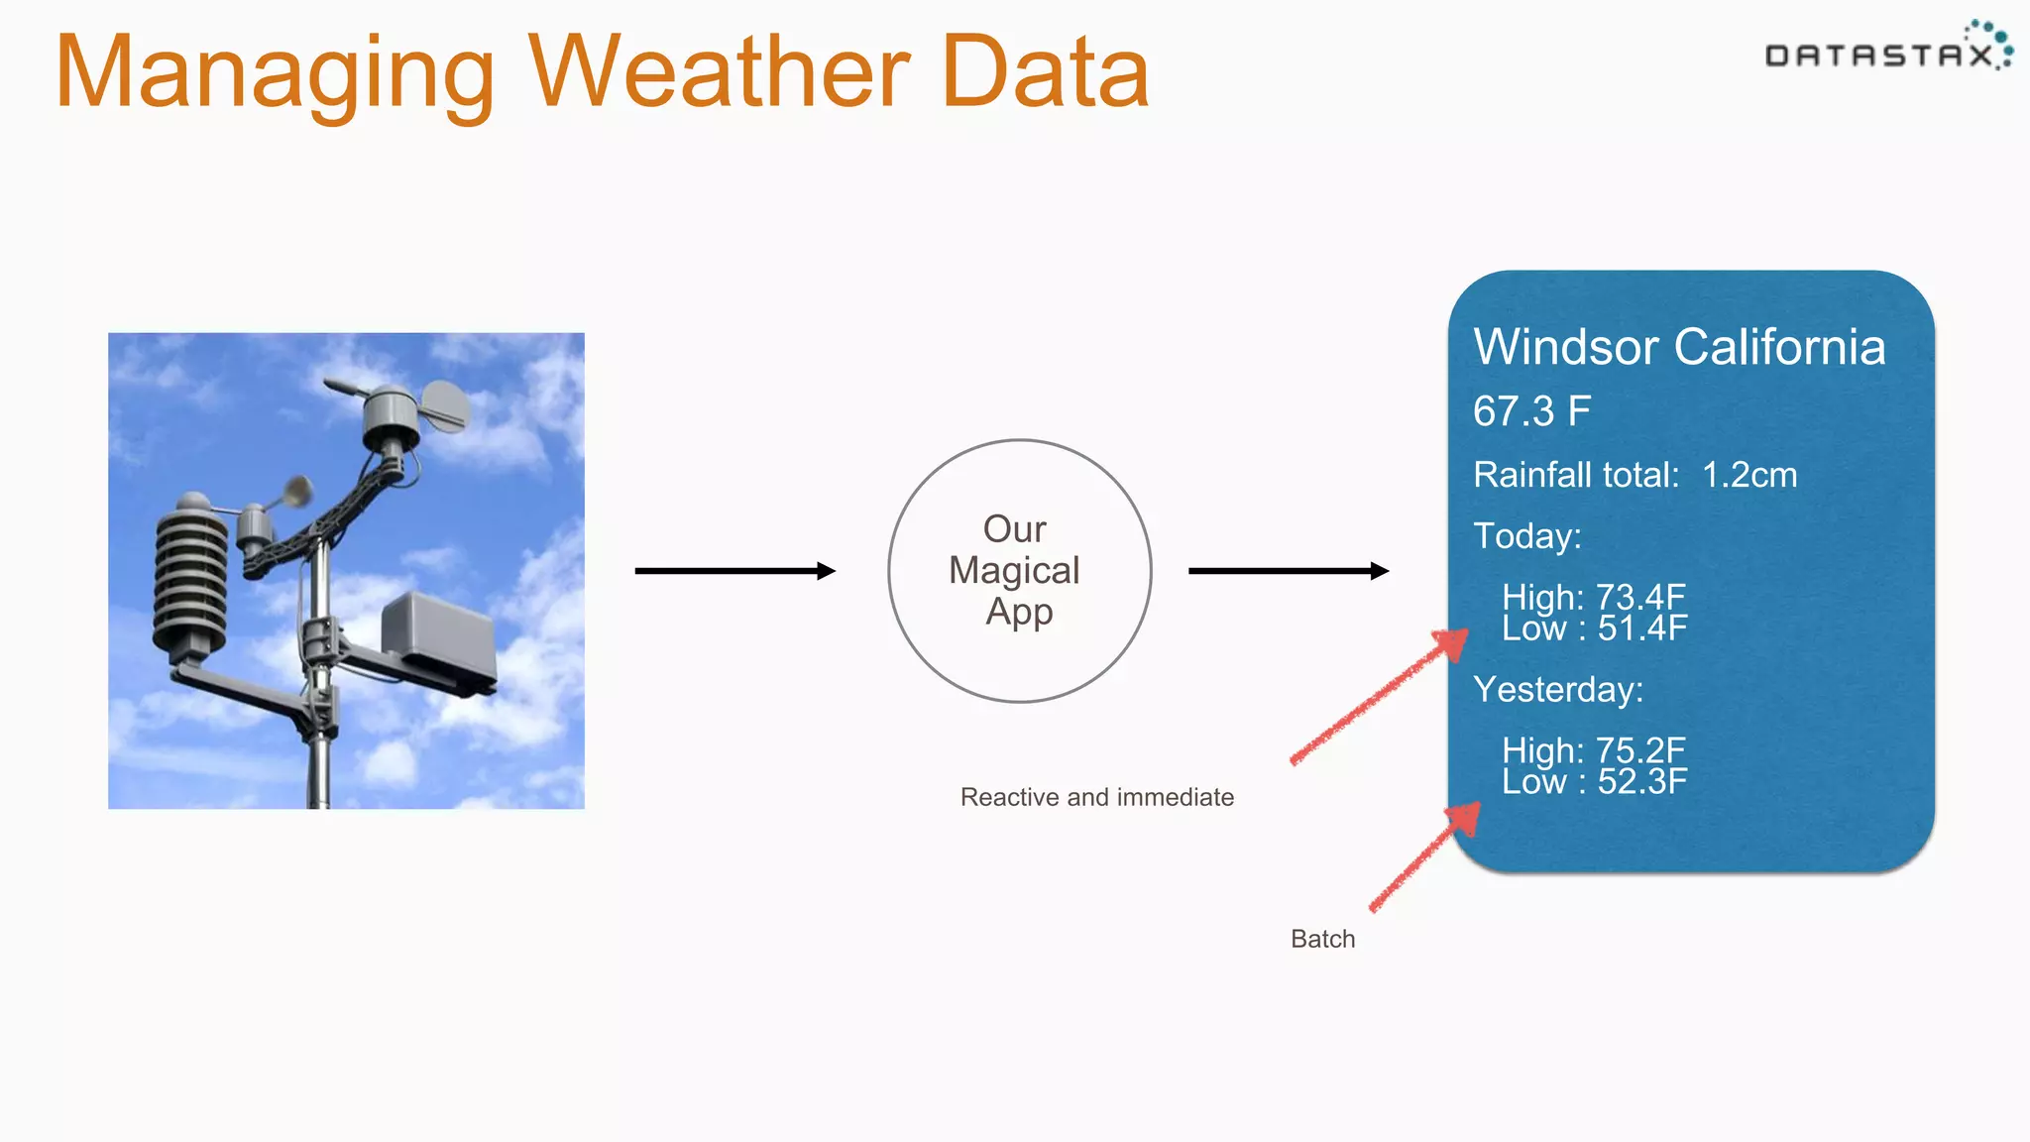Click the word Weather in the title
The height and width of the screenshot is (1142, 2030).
coord(718,71)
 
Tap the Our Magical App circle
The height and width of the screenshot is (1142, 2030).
coord(1018,571)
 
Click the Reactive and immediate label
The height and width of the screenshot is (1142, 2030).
coord(1096,797)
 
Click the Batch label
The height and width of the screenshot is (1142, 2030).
coord(1322,939)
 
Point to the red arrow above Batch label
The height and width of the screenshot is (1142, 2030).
coord(1423,857)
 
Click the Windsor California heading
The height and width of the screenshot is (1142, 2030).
coord(1678,347)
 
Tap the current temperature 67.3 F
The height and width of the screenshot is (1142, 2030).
coord(1531,411)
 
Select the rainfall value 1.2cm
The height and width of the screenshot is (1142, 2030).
coord(1748,475)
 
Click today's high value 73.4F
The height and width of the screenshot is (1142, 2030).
coord(1639,597)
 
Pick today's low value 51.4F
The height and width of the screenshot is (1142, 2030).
coord(1641,628)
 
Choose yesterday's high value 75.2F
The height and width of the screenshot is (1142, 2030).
coord(1639,750)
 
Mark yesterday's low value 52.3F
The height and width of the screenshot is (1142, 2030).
coord(1641,782)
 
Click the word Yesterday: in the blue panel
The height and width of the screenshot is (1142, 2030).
coord(1557,689)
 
